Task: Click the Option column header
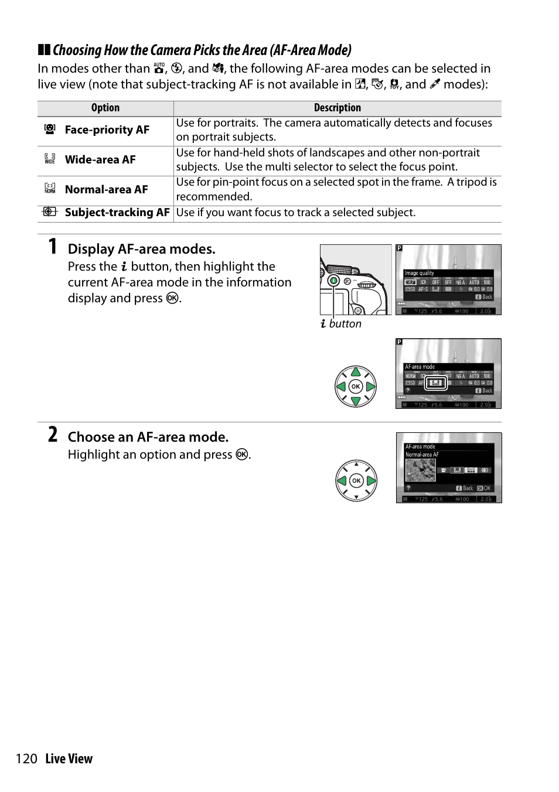pyautogui.click(x=105, y=108)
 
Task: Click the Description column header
pyautogui.click(x=337, y=108)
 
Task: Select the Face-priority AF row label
pyautogui.click(x=107, y=130)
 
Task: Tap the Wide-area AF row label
pyautogui.click(x=100, y=160)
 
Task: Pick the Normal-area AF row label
pyautogui.click(x=106, y=190)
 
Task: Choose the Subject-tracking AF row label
pyautogui.click(x=117, y=213)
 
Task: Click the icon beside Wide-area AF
pyautogui.click(x=50, y=159)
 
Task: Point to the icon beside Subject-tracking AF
pyautogui.click(x=50, y=212)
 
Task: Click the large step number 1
pyautogui.click(x=53, y=247)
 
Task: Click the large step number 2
pyautogui.click(x=53, y=435)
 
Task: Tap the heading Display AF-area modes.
pyautogui.click(x=141, y=249)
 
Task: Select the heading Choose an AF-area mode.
pyautogui.click(x=148, y=437)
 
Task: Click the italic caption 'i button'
pyautogui.click(x=341, y=324)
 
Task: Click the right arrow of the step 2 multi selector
pyautogui.click(x=371, y=481)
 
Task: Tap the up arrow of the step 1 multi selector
pyautogui.click(x=356, y=372)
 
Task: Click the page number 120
pyautogui.click(x=26, y=759)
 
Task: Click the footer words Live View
pyautogui.click(x=69, y=759)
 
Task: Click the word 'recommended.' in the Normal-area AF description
pyautogui.click(x=214, y=197)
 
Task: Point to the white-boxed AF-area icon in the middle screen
pyautogui.click(x=435, y=383)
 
